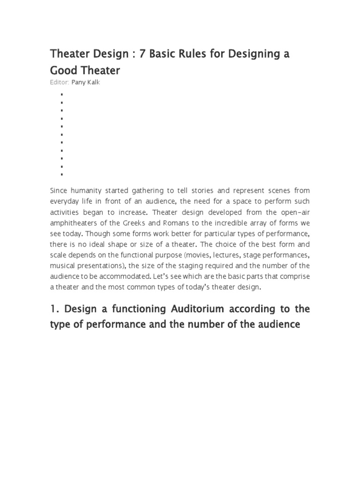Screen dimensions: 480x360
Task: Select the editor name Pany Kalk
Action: tap(86, 82)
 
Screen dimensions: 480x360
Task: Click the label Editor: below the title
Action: tap(60, 82)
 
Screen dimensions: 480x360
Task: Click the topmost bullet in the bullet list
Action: tap(61, 94)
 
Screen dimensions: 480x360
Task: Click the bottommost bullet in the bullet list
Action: tap(61, 174)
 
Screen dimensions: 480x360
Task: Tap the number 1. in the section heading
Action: tap(55, 309)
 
